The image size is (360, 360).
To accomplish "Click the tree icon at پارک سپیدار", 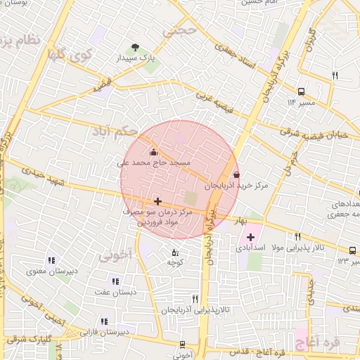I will pyautogui.click(x=134, y=47).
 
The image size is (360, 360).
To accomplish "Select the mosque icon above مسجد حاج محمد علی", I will pyautogui.click(x=153, y=152).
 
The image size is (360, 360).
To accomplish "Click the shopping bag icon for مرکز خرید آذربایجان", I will pyautogui.click(x=235, y=175).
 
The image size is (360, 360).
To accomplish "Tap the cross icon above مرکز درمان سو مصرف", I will pyautogui.click(x=157, y=201).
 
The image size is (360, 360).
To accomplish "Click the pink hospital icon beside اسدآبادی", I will pyautogui.click(x=250, y=236).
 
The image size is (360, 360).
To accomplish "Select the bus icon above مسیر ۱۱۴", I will pyautogui.click(x=301, y=91).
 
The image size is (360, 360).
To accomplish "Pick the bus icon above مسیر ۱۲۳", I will pyautogui.click(x=352, y=250).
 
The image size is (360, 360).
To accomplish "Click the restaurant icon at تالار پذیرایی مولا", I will pyautogui.click(x=297, y=236).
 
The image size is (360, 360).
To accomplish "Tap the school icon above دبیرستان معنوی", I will pyautogui.click(x=51, y=260).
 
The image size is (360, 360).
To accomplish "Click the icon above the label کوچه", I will pyautogui.click(x=174, y=252).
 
